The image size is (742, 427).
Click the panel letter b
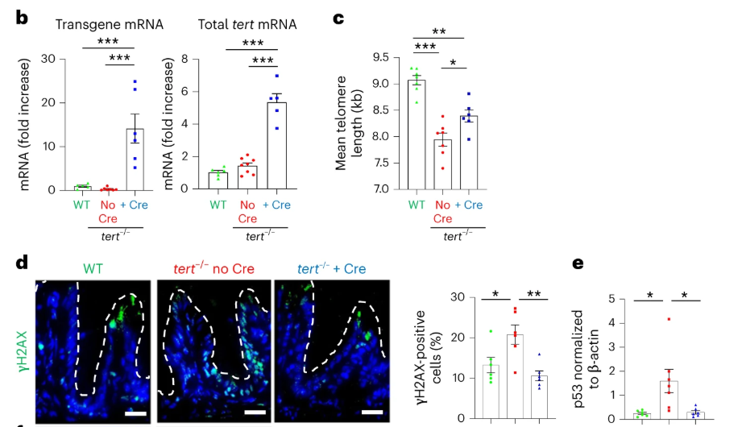point(23,16)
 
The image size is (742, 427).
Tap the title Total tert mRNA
point(247,24)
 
